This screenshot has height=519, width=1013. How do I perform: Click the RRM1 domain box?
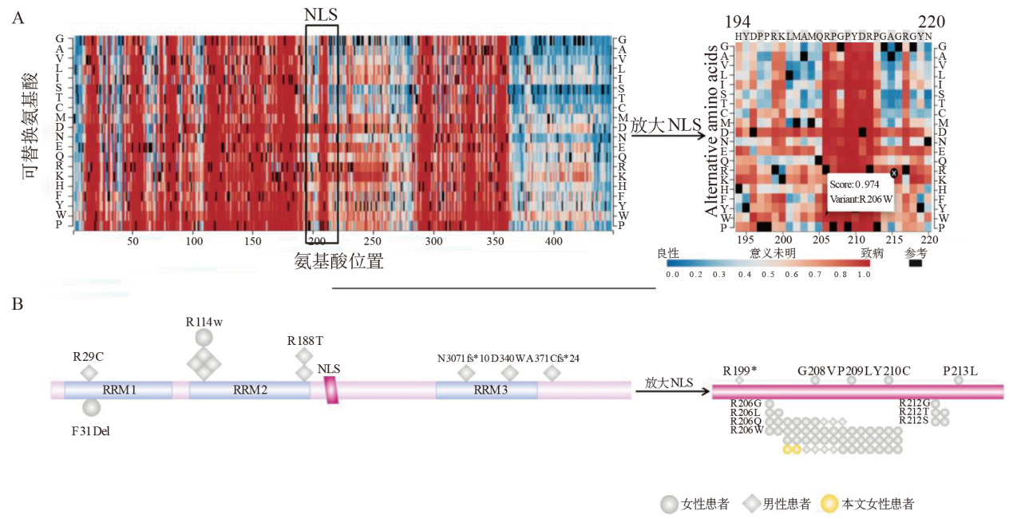(118, 390)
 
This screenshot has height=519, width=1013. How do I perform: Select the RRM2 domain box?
(249, 390)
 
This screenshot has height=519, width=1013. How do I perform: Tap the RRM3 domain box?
(486, 390)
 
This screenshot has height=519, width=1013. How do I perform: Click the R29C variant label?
(89, 356)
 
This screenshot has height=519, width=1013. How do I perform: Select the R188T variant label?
(305, 341)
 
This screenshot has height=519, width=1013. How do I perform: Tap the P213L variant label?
(960, 370)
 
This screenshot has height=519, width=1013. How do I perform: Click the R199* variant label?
(740, 370)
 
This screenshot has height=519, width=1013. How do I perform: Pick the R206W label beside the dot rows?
(746, 430)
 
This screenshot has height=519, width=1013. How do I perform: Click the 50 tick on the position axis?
(133, 240)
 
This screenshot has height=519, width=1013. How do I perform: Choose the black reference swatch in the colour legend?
(915, 263)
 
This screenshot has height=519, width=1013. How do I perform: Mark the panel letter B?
(17, 303)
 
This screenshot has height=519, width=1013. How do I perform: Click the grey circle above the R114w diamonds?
(204, 338)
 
